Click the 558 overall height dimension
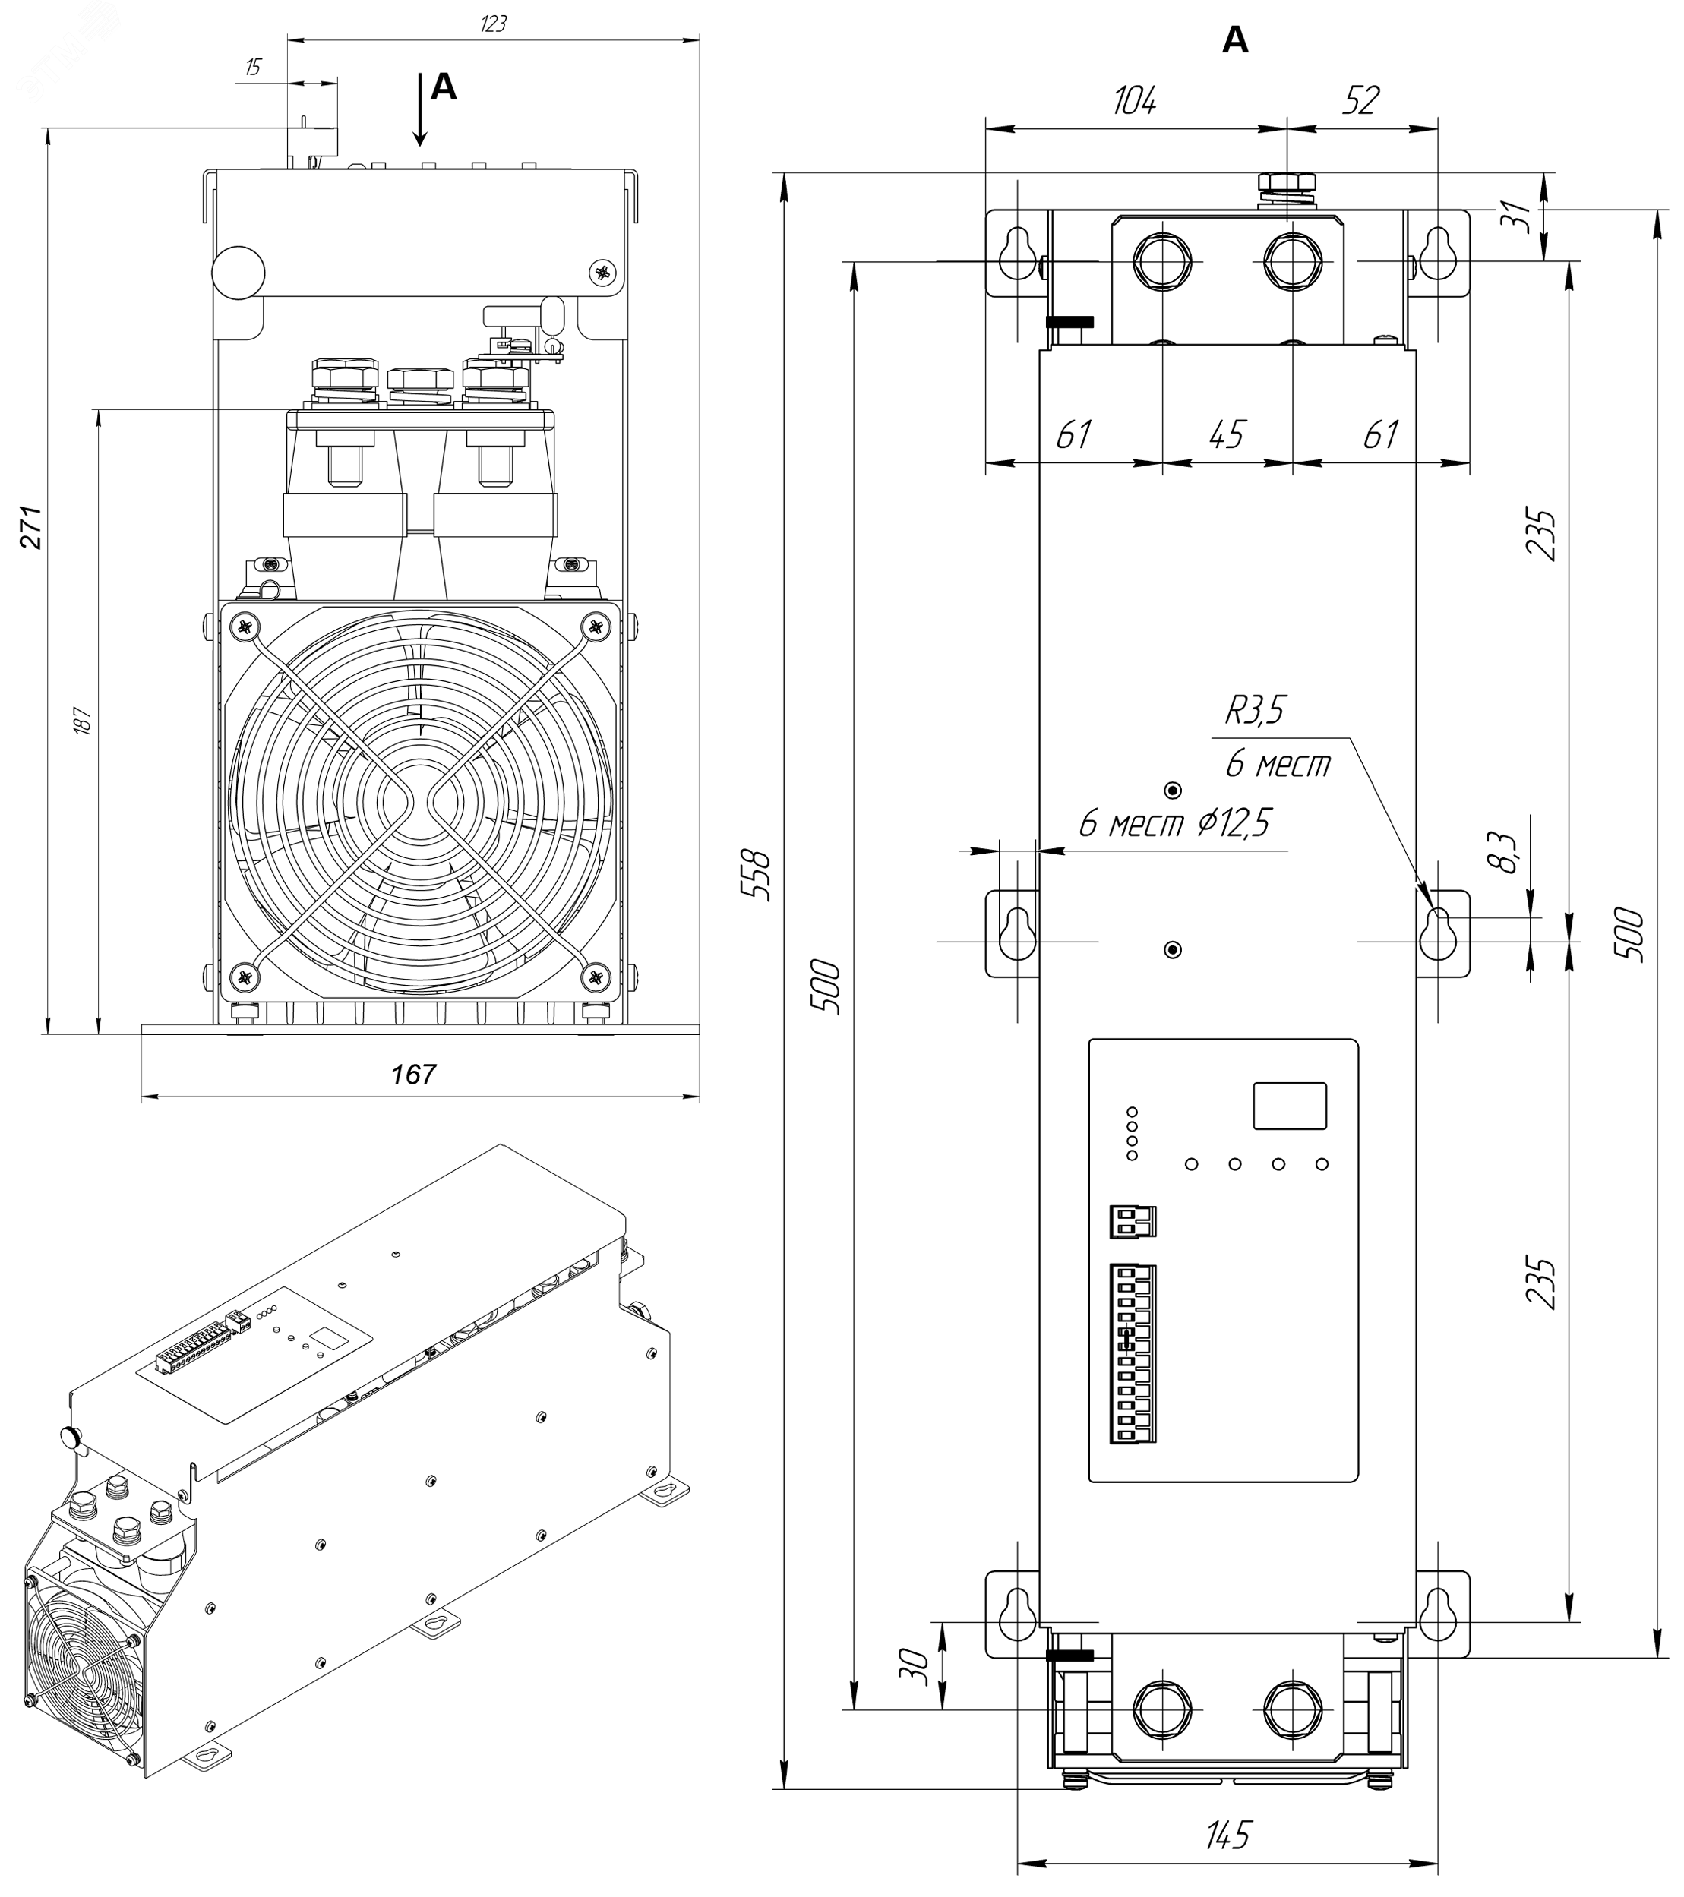coord(759,873)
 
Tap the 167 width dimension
coord(413,1074)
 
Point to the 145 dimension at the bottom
coord(1228,1834)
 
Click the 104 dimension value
coord(1134,100)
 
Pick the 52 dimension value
coord(1361,100)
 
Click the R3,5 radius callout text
coord(1255,711)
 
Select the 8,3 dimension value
coord(1507,852)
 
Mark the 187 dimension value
coord(82,720)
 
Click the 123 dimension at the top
coord(493,24)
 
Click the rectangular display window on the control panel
coord(1290,1106)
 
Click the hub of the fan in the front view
coord(421,797)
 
